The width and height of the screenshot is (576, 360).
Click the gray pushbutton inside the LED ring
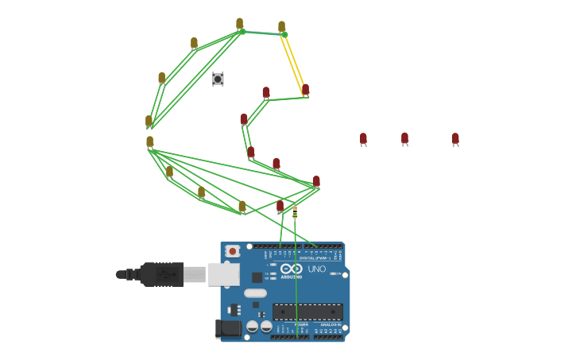(x=218, y=79)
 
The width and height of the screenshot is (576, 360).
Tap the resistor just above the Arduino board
(x=295, y=213)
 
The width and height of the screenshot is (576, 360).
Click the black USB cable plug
(x=161, y=274)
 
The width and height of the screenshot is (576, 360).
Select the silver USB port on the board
(x=223, y=274)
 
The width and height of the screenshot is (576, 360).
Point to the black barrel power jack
(x=230, y=328)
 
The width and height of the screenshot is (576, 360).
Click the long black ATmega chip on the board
(x=307, y=312)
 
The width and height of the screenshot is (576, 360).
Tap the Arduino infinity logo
(x=292, y=269)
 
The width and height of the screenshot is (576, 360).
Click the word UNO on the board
(x=317, y=269)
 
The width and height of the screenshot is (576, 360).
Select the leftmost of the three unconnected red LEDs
(x=363, y=139)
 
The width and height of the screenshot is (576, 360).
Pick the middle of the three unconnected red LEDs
(x=404, y=139)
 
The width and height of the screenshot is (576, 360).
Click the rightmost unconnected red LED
(x=455, y=139)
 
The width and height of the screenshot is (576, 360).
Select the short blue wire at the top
(x=263, y=33)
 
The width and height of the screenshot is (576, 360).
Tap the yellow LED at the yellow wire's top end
(x=282, y=27)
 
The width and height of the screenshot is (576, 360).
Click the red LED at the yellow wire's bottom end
(x=305, y=90)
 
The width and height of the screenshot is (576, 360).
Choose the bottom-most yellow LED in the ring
(x=242, y=207)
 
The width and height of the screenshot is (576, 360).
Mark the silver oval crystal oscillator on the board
(x=255, y=293)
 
